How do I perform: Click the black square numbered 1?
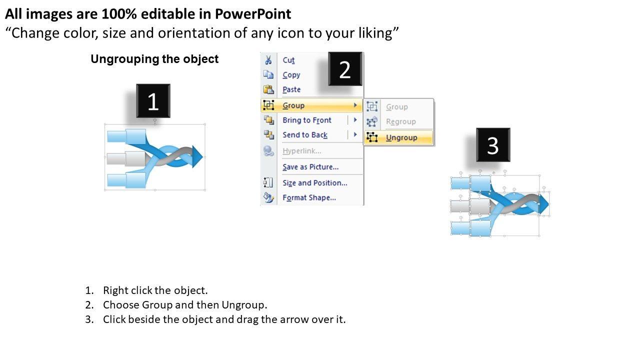coord(153,101)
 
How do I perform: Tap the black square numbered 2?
coord(345,69)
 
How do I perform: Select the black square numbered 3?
coord(493,145)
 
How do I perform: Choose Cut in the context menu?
coord(288,60)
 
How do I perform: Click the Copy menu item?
coord(291,75)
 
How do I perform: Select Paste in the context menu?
coord(291,89)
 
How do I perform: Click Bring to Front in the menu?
coord(307,120)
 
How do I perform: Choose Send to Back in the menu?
coord(305,135)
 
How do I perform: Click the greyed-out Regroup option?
coord(401,121)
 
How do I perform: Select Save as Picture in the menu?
coord(310,167)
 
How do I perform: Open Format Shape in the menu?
coord(309,197)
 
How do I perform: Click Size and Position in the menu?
coord(315,183)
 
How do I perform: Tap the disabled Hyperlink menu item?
coord(301,151)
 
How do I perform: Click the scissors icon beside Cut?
coord(268,60)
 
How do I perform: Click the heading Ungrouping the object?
coord(154,59)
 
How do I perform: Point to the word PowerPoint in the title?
coord(253,14)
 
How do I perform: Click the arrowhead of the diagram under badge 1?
coord(197,156)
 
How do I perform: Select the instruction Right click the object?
coord(155,290)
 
